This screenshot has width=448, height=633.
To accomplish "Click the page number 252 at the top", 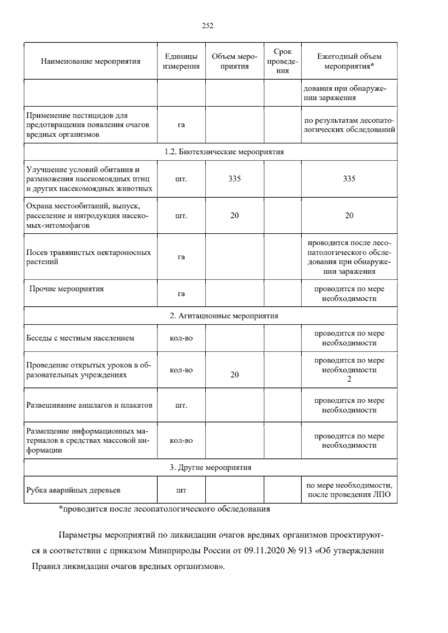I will pyautogui.click(x=208, y=26).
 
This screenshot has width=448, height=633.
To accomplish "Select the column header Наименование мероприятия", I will pyautogui.click(x=91, y=61).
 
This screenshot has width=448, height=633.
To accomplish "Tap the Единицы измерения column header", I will pyautogui.click(x=181, y=61).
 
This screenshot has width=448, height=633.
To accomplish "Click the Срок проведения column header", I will pyautogui.click(x=283, y=61).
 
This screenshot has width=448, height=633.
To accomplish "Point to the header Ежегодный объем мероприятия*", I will pyautogui.click(x=349, y=61).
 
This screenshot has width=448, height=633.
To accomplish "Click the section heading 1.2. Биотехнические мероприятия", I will pyautogui.click(x=224, y=152).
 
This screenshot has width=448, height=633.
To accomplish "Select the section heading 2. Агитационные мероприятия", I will pyautogui.click(x=224, y=316).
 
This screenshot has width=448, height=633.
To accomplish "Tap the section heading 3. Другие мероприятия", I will pyautogui.click(x=210, y=467).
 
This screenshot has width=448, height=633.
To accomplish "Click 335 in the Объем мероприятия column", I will pyautogui.click(x=234, y=179).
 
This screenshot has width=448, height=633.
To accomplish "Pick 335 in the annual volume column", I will pyautogui.click(x=349, y=179).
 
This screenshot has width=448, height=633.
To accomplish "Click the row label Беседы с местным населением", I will pyautogui.click(x=80, y=338).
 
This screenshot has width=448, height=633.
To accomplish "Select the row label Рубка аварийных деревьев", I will pyautogui.click(x=74, y=490).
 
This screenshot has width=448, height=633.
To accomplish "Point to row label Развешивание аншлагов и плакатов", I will pyautogui.click(x=90, y=405).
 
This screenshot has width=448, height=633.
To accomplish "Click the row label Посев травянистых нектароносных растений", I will pyautogui.click(x=89, y=257).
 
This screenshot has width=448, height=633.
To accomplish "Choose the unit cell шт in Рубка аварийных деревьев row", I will pyautogui.click(x=181, y=490).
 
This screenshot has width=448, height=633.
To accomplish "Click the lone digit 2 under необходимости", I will pyautogui.click(x=349, y=379).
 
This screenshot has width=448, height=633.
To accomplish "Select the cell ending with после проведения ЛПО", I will pyautogui.click(x=349, y=490).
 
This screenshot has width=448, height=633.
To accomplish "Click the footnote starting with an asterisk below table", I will pyautogui.click(x=165, y=509).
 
